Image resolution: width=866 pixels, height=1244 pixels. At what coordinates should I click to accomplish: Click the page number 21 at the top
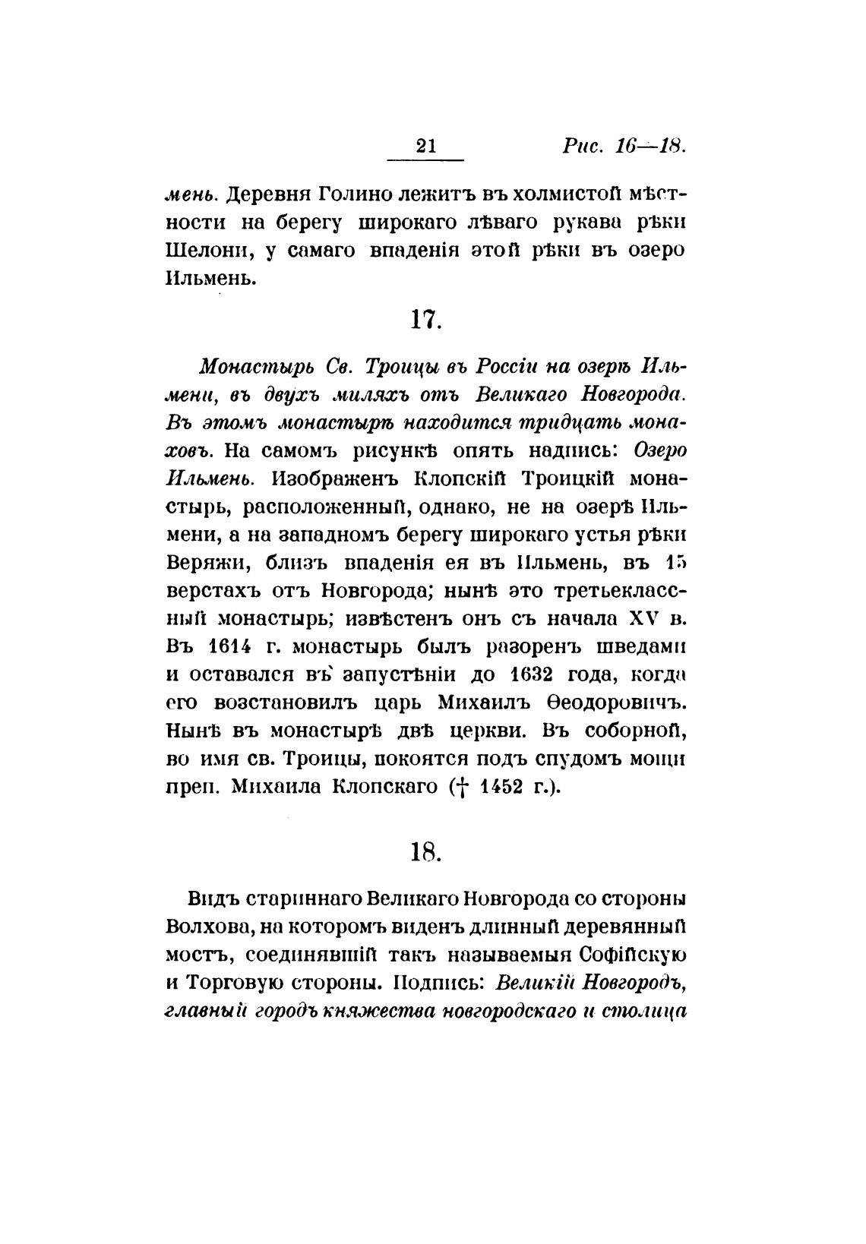pos(426,147)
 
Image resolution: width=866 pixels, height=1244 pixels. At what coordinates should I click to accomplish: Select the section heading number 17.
pos(426,320)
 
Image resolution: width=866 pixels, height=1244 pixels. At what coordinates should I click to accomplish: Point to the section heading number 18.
pos(426,853)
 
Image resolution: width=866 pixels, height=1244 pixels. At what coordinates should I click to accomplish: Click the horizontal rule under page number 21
pos(426,160)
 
